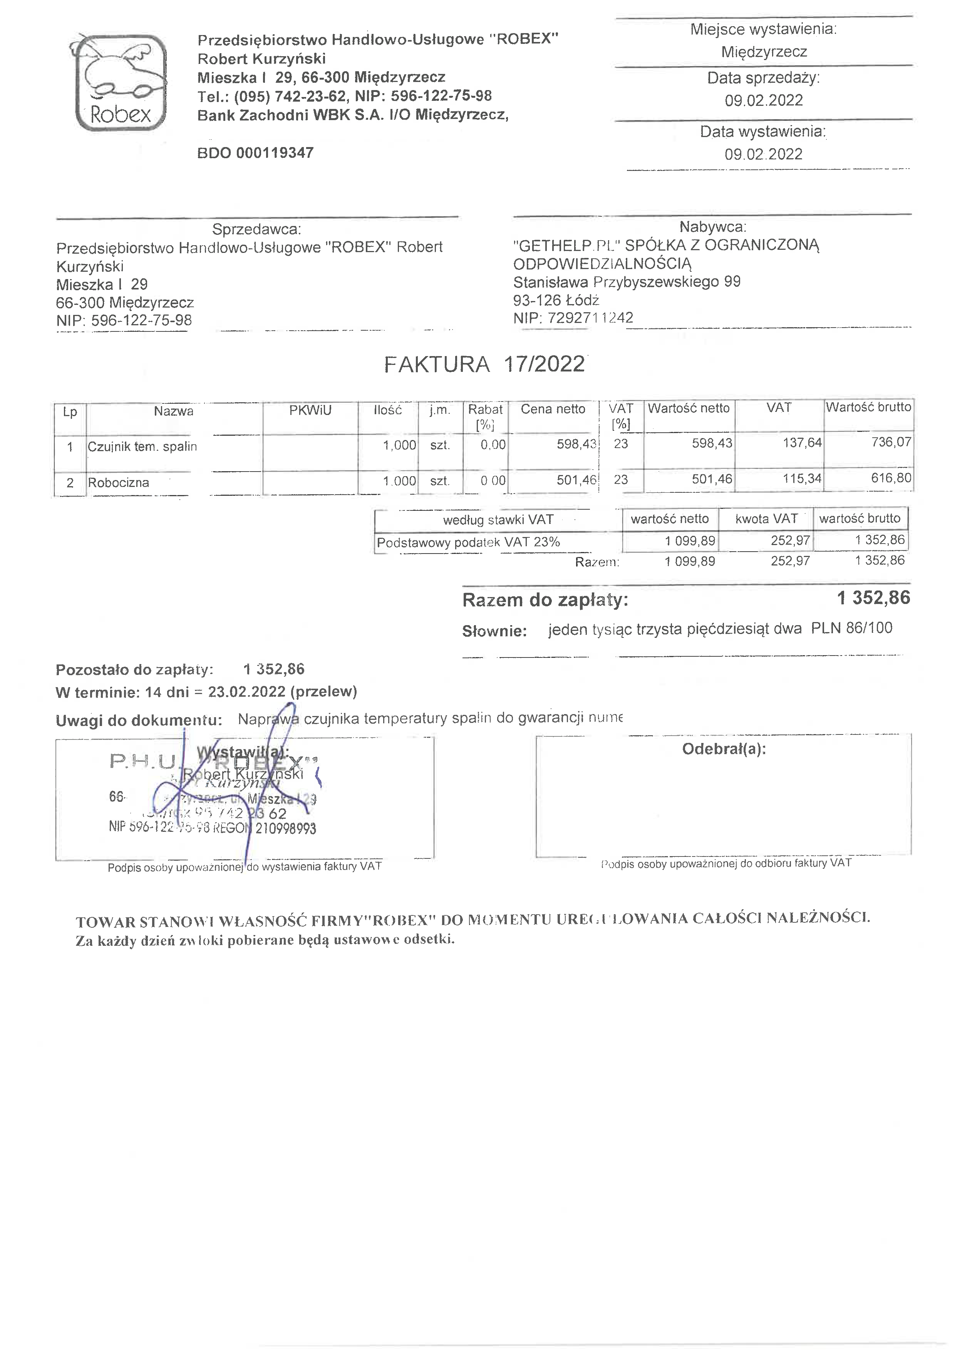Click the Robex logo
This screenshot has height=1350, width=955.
click(121, 82)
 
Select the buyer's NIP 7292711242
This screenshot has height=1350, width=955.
click(590, 318)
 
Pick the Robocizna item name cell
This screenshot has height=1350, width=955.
click(119, 483)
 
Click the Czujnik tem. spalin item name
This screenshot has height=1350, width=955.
click(142, 446)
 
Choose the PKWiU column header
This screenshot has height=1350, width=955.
click(310, 410)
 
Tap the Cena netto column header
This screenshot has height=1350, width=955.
click(553, 409)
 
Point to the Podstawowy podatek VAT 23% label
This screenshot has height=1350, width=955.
click(468, 542)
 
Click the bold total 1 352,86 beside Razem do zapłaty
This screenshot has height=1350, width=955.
click(873, 598)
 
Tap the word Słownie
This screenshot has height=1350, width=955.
click(494, 631)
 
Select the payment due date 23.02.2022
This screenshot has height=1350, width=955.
click(246, 691)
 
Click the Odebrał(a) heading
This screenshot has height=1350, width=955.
click(724, 749)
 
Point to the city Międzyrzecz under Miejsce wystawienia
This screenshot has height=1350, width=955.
click(764, 52)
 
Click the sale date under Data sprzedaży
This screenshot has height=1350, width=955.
click(763, 100)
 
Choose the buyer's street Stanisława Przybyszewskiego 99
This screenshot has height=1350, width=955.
click(627, 282)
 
